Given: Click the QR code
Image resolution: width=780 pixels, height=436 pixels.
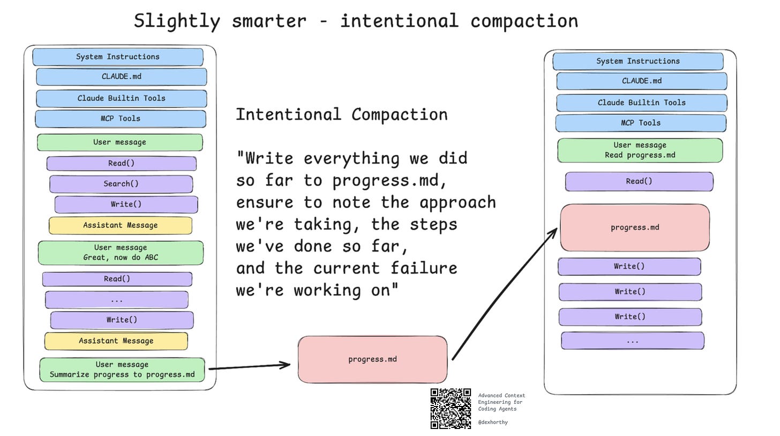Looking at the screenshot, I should [x=451, y=409].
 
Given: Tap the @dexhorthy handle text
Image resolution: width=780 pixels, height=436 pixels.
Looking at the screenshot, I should [x=493, y=422].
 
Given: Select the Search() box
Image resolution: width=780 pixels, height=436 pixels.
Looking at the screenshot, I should [x=121, y=184].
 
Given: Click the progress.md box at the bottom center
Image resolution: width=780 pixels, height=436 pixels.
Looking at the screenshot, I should [x=372, y=359].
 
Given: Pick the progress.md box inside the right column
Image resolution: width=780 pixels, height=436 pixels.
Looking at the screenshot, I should [x=635, y=227].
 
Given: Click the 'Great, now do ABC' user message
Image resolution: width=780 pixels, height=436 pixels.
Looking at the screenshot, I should [x=121, y=253].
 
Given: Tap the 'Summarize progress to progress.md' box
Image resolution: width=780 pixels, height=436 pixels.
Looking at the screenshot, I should [x=122, y=370].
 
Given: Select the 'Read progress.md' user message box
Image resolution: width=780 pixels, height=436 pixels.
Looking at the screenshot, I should [x=640, y=150].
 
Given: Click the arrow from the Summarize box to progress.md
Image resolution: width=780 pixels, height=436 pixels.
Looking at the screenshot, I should [x=249, y=367].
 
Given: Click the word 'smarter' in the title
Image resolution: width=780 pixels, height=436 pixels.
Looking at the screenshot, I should [x=269, y=21].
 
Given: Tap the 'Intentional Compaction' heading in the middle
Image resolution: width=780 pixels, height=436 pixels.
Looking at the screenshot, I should [x=342, y=114].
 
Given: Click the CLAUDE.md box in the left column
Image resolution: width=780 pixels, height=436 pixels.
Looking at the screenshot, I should [x=122, y=77].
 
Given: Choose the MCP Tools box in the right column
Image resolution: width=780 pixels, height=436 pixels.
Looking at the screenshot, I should [x=641, y=123].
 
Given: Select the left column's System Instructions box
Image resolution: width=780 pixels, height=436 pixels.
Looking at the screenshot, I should [x=118, y=57].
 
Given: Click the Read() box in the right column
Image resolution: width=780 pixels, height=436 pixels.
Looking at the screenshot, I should [x=639, y=181].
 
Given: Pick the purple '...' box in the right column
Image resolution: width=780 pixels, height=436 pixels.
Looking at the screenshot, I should [x=632, y=341].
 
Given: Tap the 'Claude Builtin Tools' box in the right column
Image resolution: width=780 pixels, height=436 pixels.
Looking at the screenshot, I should [x=642, y=102].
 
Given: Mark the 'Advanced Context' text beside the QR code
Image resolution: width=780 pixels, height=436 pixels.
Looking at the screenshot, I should [x=501, y=395].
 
